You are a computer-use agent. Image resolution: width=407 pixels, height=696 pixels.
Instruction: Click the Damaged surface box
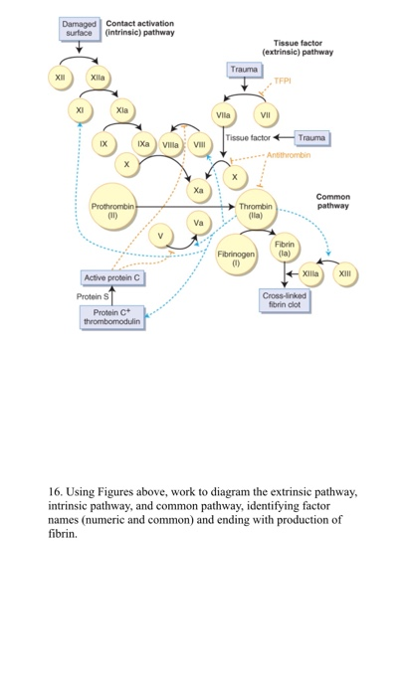pos(80,28)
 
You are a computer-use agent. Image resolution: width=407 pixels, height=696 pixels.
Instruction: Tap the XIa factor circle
pos(121,109)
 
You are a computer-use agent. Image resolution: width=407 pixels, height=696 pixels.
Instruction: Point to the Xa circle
pos(198,189)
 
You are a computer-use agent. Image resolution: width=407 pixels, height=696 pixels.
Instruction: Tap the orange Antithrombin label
pos(288,155)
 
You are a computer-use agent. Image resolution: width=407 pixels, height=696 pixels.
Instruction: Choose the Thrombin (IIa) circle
pos(256,211)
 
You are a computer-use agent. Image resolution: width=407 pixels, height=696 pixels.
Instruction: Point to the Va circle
pos(198,223)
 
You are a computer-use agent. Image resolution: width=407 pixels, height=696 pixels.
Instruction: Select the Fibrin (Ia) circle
pos(285,248)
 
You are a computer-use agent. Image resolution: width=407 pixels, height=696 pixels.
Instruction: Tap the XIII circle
pos(345,272)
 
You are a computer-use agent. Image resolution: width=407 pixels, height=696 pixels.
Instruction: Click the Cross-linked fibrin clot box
pos(285,299)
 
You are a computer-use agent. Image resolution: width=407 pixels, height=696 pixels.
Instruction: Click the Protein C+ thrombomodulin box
pos(111,317)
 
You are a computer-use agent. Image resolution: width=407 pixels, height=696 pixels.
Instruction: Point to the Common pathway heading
pos(332,201)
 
